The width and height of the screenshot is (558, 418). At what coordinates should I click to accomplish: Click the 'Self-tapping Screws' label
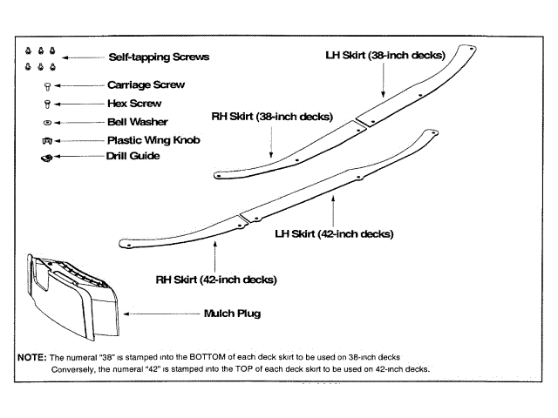point(159,57)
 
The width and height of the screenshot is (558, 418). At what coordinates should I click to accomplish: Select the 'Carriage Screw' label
point(146,85)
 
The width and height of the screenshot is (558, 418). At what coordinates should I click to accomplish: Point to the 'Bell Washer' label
point(137,122)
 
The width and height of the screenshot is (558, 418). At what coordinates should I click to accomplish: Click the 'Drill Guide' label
point(133,156)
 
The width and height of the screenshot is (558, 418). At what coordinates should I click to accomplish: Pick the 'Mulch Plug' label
point(232,313)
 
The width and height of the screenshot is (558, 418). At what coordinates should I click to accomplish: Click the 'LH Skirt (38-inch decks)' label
point(385,55)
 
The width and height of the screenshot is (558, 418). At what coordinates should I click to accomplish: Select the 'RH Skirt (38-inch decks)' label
point(271,116)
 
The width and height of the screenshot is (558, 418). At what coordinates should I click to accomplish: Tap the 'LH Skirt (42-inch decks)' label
point(334,233)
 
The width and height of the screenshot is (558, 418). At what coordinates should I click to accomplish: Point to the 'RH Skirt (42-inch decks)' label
point(216,280)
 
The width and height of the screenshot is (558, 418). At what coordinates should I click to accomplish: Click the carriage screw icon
point(47,86)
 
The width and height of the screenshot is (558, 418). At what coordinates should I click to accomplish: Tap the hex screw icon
point(47,104)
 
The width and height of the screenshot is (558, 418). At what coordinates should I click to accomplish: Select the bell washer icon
point(47,122)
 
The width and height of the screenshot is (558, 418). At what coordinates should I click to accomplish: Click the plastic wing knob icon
point(47,139)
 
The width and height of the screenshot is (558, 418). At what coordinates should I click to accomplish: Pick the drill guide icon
point(48,157)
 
